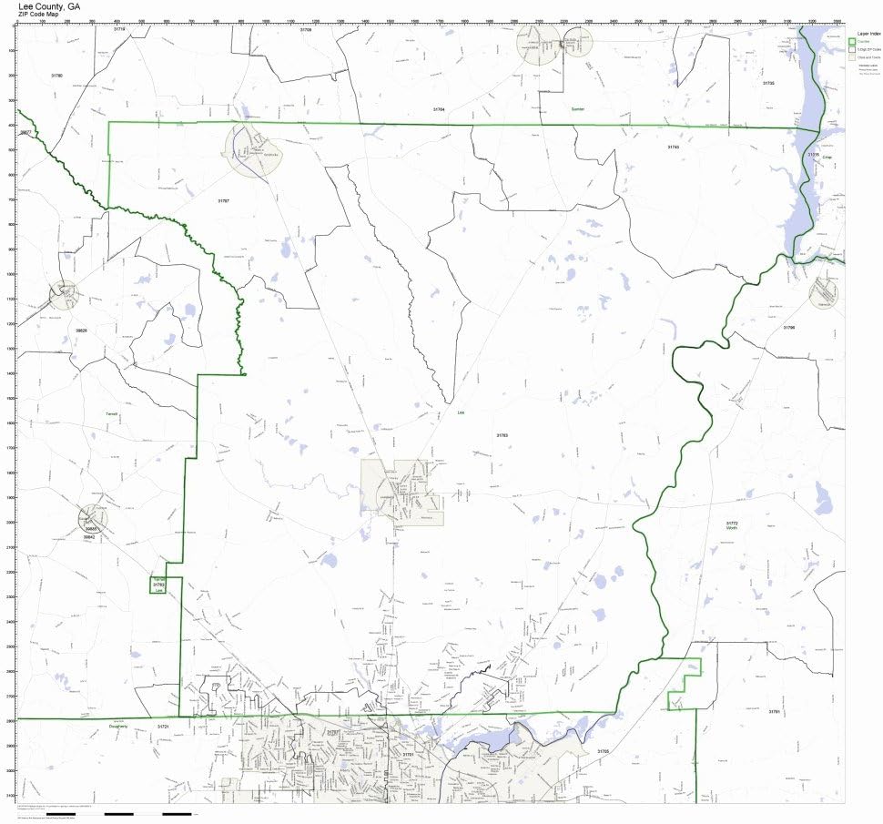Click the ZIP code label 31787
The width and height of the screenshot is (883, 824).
click(223, 199)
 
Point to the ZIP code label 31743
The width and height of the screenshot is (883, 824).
click(673, 146)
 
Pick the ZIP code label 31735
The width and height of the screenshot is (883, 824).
click(767, 83)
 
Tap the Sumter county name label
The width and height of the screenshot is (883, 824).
click(576, 108)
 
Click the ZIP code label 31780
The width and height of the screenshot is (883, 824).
click(56, 75)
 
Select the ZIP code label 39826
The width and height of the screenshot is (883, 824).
click(81, 331)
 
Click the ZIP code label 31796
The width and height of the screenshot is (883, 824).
click(788, 327)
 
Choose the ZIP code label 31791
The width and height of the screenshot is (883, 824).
click(774, 711)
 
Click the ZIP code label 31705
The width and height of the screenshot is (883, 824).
click(603, 751)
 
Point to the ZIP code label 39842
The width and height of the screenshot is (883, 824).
click(90, 537)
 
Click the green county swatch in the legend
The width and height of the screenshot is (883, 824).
click(852, 41)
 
